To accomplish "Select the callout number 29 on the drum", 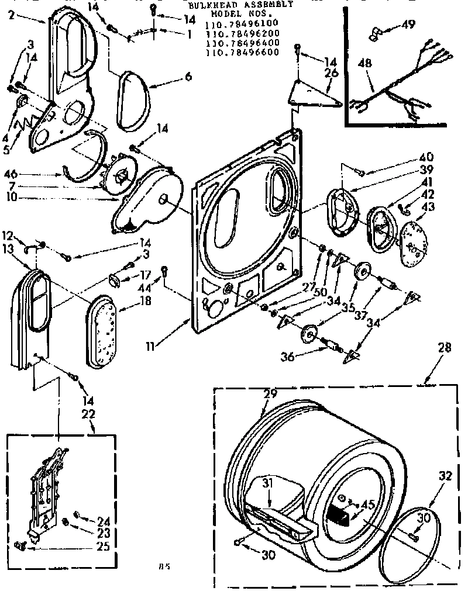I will [x=270, y=395].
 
